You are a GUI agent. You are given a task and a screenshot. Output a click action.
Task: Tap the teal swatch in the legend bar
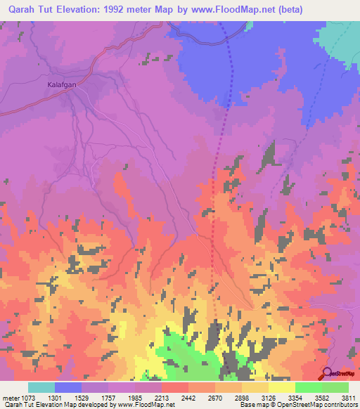[41, 387]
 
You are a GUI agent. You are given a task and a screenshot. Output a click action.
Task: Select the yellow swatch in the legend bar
[282, 387]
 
